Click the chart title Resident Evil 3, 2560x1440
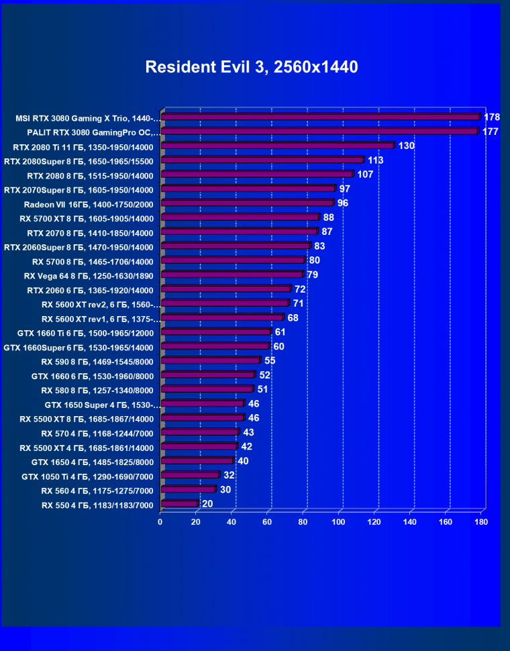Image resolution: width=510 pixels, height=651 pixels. (252, 67)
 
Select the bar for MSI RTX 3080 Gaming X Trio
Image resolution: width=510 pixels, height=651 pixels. (321, 117)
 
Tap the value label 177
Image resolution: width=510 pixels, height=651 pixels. (490, 132)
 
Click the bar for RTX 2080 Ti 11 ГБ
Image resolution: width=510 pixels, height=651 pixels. (277, 146)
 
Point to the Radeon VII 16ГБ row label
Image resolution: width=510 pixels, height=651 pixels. (89, 204)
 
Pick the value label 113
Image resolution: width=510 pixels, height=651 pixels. (375, 160)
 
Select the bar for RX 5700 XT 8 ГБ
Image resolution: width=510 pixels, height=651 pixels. (240, 217)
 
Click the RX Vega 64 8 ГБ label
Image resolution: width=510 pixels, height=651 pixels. (89, 276)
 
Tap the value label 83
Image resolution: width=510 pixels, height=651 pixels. (321, 246)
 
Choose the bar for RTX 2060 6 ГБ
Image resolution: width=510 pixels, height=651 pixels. (225, 289)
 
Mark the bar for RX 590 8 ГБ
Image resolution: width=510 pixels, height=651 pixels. (210, 360)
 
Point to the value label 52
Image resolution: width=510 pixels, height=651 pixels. (265, 375)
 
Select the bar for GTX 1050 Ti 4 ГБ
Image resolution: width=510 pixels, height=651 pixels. (190, 475)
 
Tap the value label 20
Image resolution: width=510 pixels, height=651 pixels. (208, 503)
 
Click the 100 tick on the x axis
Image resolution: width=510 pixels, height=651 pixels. (339, 521)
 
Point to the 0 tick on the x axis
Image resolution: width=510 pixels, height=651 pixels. (160, 521)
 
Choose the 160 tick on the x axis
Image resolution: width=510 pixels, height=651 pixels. (446, 521)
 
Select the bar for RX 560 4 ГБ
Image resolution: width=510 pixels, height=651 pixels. (188, 489)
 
